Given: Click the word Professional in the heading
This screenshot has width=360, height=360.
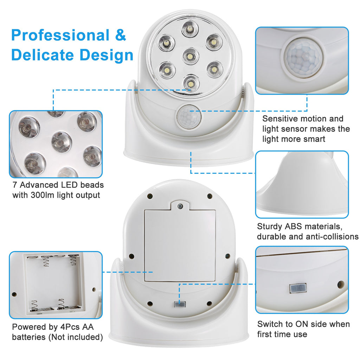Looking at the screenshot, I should click(60, 36).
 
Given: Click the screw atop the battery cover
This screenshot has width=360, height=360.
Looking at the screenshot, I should click(180, 206).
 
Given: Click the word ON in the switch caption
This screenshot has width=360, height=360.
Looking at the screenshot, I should click(303, 324).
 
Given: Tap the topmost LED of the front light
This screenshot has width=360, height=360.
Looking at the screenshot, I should click(190, 29).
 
